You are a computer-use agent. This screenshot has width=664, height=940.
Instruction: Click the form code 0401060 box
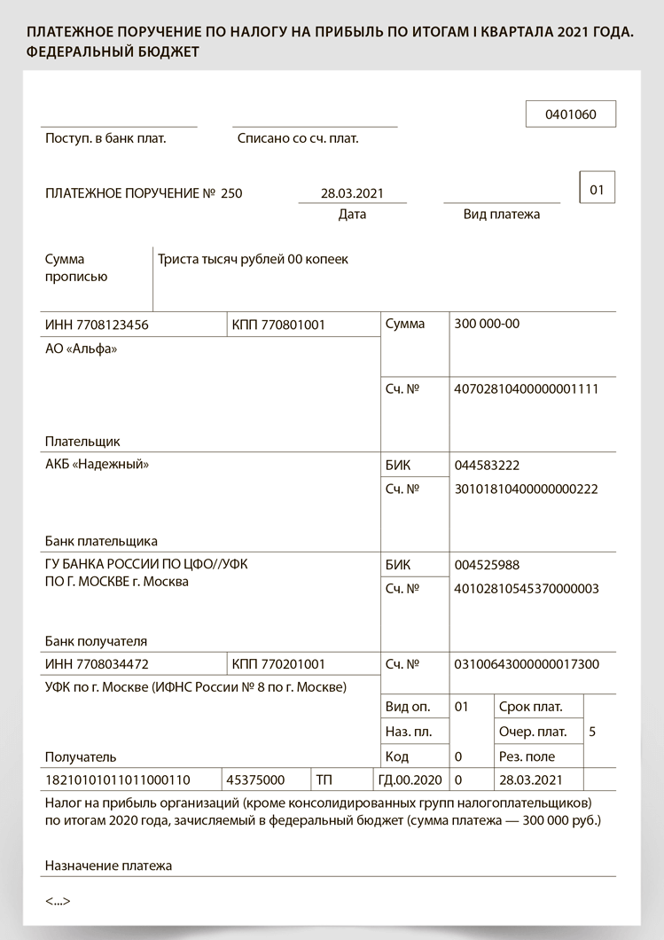tap(570, 114)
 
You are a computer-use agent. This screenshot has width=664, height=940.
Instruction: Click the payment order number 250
tap(231, 193)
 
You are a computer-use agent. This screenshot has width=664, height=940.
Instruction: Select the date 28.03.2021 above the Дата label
tap(352, 193)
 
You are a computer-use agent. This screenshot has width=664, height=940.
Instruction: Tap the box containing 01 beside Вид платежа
tap(597, 189)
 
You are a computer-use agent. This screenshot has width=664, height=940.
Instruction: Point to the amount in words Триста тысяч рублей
tap(253, 260)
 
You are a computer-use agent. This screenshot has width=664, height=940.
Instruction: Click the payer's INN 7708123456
tap(97, 325)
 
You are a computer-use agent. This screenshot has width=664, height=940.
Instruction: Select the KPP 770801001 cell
tap(278, 325)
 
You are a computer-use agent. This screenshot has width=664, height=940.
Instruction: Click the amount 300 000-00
tap(487, 324)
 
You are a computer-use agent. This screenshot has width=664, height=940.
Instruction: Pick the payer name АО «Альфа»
tap(81, 349)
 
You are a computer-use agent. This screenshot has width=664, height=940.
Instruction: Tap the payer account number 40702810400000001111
tap(526, 388)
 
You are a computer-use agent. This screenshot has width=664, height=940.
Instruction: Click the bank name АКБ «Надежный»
tap(97, 464)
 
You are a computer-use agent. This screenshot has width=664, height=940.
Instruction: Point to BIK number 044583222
tap(487, 466)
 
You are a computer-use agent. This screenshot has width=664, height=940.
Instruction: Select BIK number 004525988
tap(487, 565)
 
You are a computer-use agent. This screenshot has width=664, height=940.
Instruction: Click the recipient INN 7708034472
tap(97, 664)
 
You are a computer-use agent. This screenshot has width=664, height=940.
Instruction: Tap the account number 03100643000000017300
tap(526, 664)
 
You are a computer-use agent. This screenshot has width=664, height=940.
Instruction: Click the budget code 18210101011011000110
tap(117, 779)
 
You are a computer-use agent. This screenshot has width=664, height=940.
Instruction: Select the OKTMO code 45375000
tap(255, 779)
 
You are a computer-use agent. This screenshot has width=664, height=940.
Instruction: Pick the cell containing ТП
tap(324, 779)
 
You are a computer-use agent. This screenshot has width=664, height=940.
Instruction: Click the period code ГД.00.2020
tap(410, 779)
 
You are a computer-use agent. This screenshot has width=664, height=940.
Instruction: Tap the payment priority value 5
tap(592, 732)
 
